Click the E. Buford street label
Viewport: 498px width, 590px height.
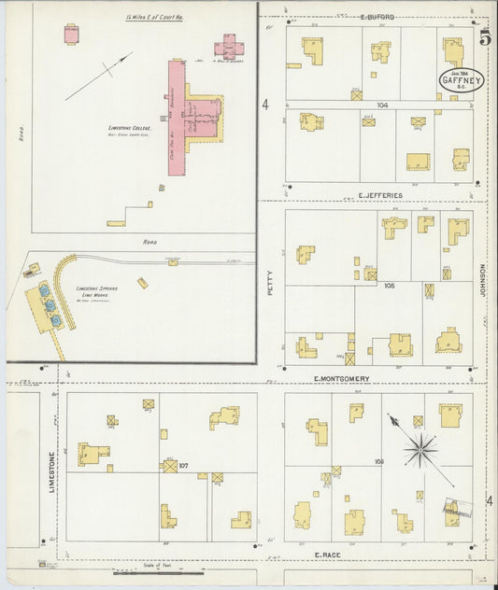click(377, 17)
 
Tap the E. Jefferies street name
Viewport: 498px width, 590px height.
click(379, 195)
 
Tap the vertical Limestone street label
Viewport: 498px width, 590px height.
click(51, 467)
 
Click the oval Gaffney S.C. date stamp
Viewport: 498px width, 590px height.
click(461, 81)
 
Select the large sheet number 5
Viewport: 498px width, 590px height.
click(484, 38)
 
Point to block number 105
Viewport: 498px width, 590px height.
click(388, 285)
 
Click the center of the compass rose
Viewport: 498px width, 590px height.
click(421, 451)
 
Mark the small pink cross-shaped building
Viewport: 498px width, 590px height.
click(228, 46)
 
